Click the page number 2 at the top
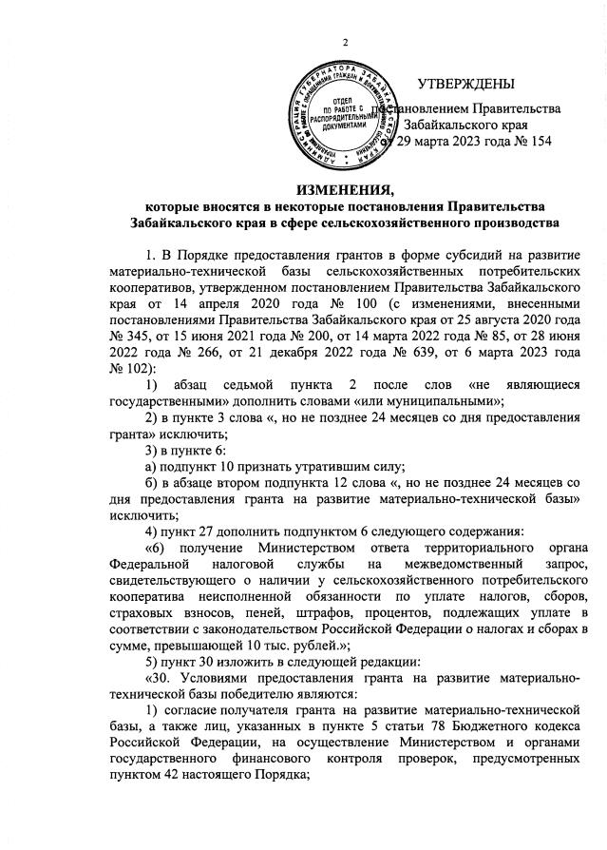point(346,41)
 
